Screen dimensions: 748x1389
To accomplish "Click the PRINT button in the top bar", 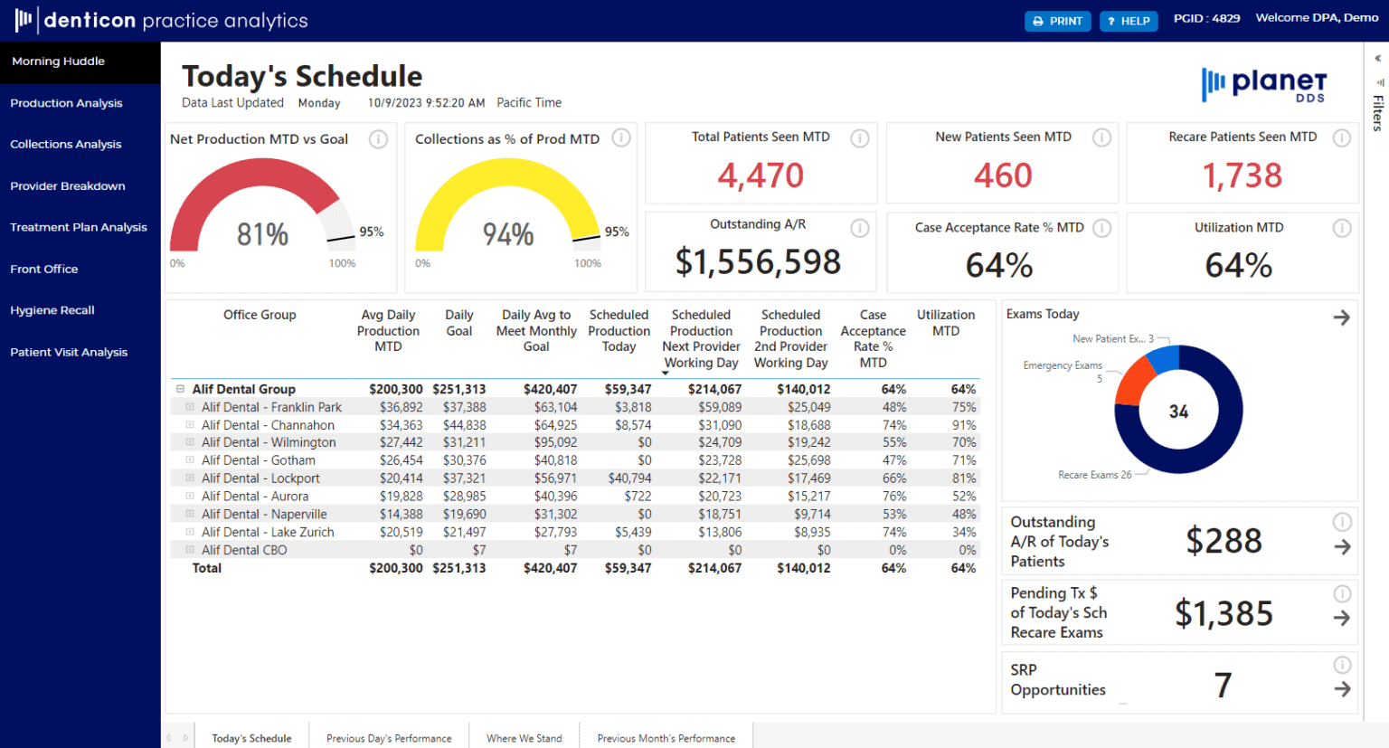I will (x=1057, y=21).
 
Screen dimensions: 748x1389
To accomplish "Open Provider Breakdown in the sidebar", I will (x=68, y=186).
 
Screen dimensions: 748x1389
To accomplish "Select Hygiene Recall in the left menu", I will (x=52, y=310).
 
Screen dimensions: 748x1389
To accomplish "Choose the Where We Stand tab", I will (x=524, y=738).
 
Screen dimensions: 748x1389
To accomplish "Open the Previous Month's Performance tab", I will (x=666, y=738).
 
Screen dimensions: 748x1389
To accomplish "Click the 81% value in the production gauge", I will (x=262, y=235).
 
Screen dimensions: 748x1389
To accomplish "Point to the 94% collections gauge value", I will (x=508, y=235).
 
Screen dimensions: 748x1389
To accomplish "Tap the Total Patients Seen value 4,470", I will (x=761, y=175).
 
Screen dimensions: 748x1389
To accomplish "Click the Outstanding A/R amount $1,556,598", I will (x=758, y=262).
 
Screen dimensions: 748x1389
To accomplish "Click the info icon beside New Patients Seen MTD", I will (x=1101, y=137).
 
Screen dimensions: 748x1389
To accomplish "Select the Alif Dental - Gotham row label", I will (x=259, y=460).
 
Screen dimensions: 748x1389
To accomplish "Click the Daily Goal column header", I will (x=458, y=323).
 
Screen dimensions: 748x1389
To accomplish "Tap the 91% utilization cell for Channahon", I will (x=963, y=425).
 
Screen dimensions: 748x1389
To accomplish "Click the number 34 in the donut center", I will (x=1178, y=412).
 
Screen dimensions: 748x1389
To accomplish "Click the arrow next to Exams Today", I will (x=1341, y=317).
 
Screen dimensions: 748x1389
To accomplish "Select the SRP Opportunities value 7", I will (x=1223, y=686).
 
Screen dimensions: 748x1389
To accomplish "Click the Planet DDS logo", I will (x=1264, y=85).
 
